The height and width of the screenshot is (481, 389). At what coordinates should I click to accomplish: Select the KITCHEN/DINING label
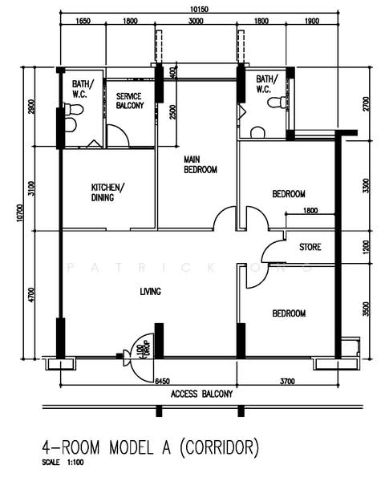[107, 192]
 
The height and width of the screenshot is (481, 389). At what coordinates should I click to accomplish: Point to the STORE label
[310, 247]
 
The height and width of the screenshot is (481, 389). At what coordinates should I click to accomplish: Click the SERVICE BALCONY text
[129, 100]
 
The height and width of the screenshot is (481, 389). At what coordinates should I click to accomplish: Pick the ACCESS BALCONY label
[201, 394]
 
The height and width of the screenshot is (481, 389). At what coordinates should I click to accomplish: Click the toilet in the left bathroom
[71, 124]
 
